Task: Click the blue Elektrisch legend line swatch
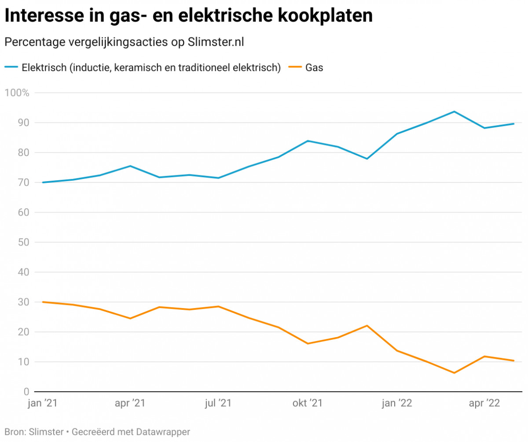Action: point(11,67)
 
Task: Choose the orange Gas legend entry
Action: point(314,68)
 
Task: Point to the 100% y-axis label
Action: point(17,93)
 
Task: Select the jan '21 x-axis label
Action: point(42,403)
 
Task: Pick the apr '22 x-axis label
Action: point(484,403)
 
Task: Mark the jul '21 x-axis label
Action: point(218,403)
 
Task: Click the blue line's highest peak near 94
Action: point(454,111)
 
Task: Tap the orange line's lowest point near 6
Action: point(454,373)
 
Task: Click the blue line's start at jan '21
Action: point(43,182)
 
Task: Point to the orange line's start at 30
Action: point(43,302)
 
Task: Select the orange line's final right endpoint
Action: point(513,360)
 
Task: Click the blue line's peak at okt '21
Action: point(308,141)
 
